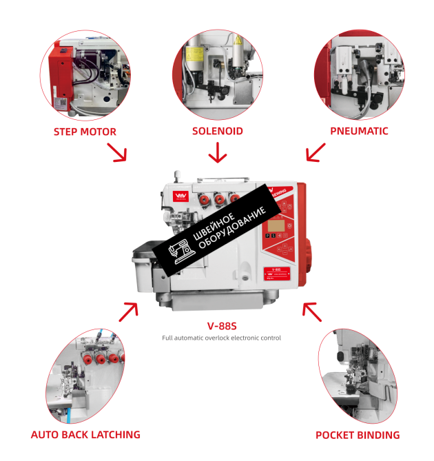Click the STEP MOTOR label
(x=85, y=132)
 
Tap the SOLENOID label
(x=218, y=131)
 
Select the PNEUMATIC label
(x=359, y=131)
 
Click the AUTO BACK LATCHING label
(x=85, y=435)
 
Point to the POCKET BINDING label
(x=358, y=435)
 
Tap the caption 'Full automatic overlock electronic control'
(x=221, y=338)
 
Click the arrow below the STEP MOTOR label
(x=117, y=152)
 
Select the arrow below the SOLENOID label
(x=218, y=152)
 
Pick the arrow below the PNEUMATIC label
(x=316, y=152)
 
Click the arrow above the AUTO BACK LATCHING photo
(x=127, y=311)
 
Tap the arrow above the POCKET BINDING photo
(x=312, y=311)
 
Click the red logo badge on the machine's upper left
(x=183, y=198)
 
